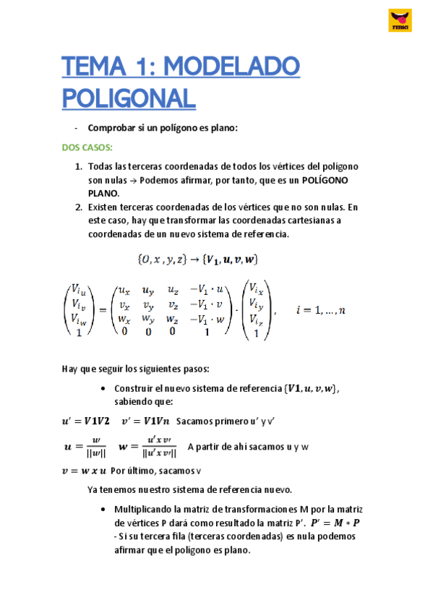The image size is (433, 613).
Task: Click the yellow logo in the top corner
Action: (400, 21)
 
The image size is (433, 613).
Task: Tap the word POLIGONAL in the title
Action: (129, 98)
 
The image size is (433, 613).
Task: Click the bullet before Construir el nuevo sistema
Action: (105, 389)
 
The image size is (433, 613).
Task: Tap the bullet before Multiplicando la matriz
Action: (105, 507)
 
